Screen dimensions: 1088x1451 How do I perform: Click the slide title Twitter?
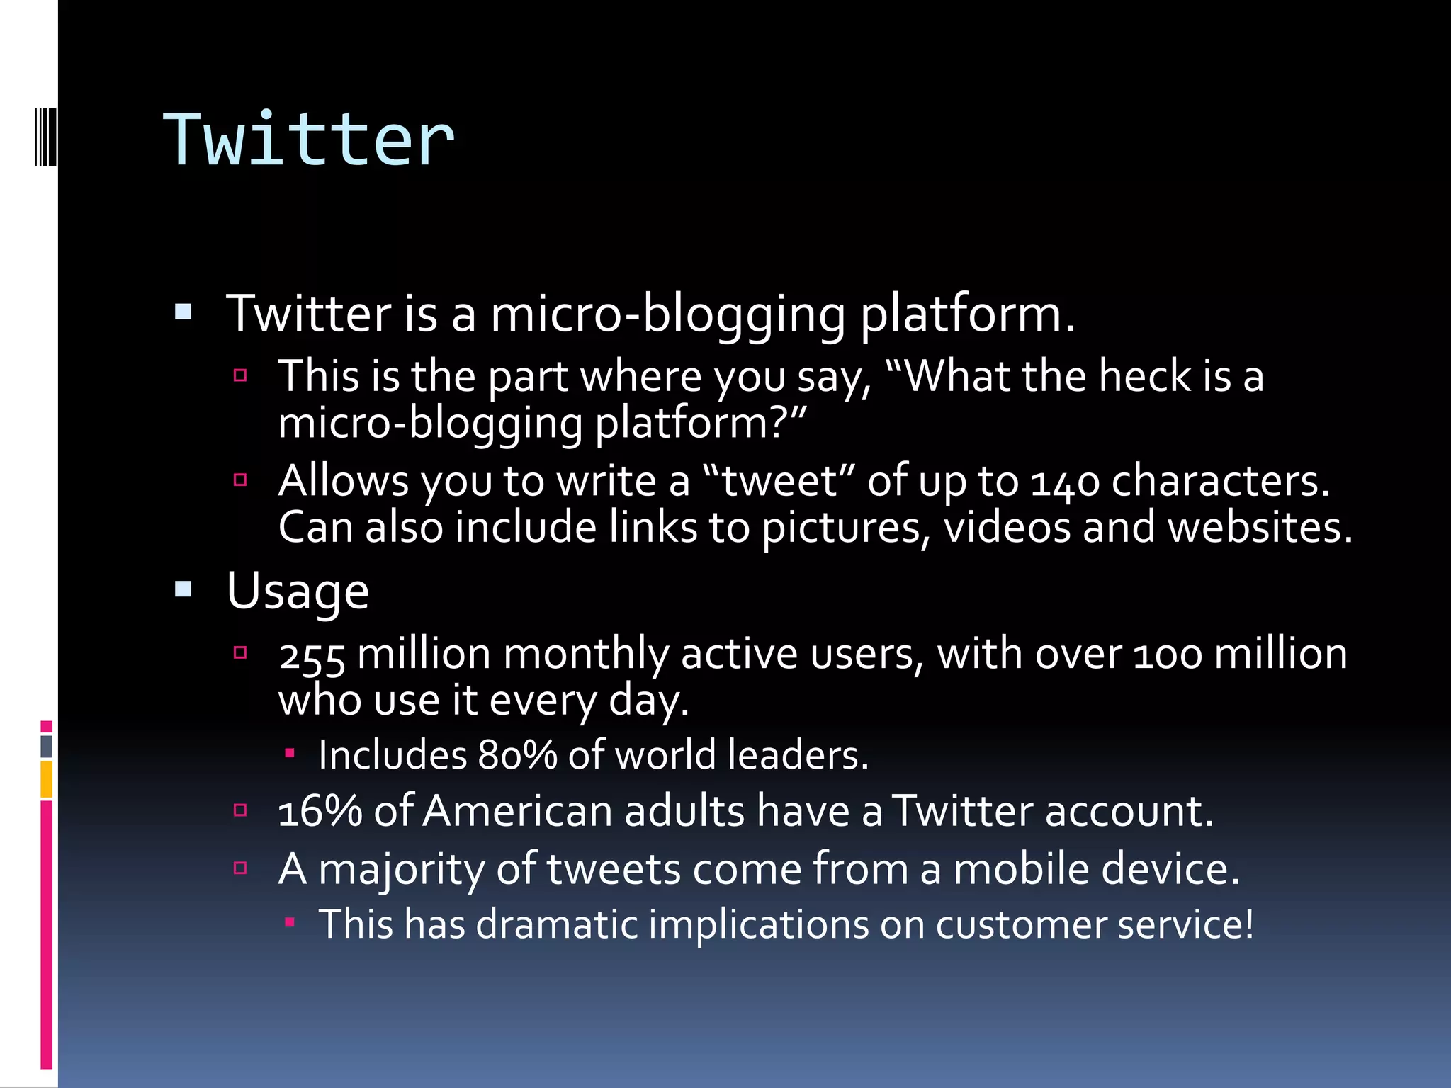(x=308, y=140)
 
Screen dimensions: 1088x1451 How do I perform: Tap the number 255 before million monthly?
(x=312, y=655)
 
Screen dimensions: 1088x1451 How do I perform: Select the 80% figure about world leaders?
(x=517, y=756)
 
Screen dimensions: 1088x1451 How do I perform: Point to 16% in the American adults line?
(x=320, y=812)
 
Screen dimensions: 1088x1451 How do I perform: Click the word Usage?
(x=298, y=591)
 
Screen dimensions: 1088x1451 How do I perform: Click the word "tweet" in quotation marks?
(x=779, y=482)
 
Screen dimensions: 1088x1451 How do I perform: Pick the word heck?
(x=1144, y=376)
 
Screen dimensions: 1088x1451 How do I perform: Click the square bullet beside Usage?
(x=184, y=589)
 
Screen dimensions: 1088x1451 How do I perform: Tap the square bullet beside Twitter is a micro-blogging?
(x=184, y=312)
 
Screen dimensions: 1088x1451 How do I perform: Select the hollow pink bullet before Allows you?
(x=240, y=480)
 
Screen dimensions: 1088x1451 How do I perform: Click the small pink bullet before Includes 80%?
(x=289, y=753)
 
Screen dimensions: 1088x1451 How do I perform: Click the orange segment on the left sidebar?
(x=47, y=779)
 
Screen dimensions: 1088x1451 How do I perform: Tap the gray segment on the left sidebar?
(x=47, y=746)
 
